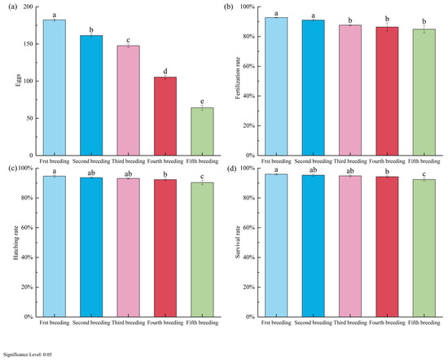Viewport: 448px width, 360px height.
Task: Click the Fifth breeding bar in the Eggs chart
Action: point(202,131)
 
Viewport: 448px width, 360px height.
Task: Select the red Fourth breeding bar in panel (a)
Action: point(165,116)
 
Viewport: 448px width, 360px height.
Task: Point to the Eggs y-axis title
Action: point(18,81)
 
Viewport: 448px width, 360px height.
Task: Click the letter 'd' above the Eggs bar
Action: point(165,71)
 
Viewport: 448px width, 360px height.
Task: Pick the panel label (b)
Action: point(229,7)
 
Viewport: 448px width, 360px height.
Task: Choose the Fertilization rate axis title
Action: point(238,77)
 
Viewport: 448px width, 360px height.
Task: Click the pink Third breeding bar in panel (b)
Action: point(350,90)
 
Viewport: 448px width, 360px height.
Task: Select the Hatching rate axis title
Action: point(16,243)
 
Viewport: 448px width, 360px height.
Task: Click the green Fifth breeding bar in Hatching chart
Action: point(202,250)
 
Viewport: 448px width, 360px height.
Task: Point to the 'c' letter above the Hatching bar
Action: point(202,177)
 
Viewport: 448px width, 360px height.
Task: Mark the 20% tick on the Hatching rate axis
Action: point(27,288)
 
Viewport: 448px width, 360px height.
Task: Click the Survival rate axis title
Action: point(238,244)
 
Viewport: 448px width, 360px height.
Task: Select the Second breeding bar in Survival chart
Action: point(313,246)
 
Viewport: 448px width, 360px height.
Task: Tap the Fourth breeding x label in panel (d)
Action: point(387,323)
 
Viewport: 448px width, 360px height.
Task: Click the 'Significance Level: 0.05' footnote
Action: point(28,355)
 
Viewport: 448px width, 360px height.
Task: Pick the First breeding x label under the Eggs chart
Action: point(55,161)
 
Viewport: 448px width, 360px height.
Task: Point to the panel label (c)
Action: point(13,169)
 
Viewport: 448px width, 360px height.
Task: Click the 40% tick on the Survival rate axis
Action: point(249,257)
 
